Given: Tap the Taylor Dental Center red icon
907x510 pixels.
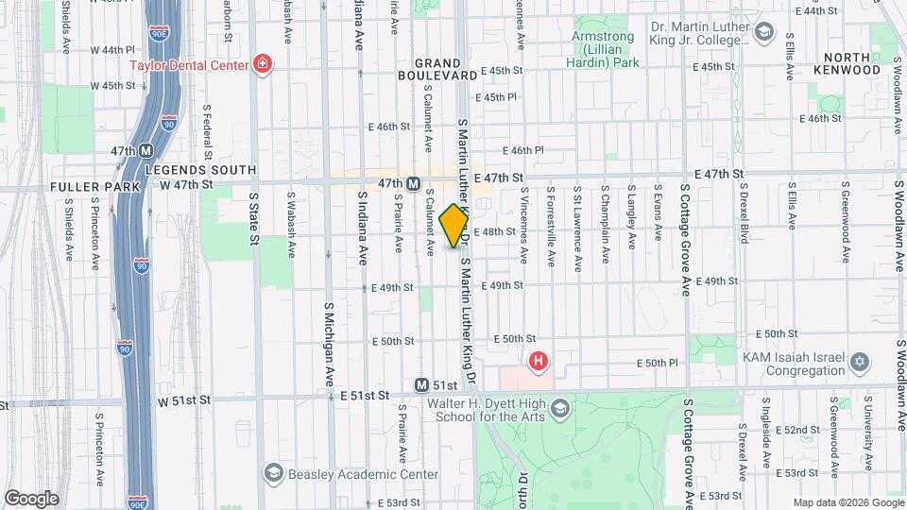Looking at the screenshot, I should tap(262, 65).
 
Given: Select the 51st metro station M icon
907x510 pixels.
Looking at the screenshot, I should tap(422, 385).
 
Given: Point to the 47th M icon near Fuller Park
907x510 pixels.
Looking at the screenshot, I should tap(146, 151).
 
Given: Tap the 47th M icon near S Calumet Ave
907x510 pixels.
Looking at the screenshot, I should tap(413, 183).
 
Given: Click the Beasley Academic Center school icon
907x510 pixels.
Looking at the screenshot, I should tap(274, 471).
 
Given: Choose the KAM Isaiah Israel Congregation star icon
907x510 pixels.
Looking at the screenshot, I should tap(859, 362).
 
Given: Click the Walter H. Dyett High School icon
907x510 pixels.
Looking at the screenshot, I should tap(560, 408).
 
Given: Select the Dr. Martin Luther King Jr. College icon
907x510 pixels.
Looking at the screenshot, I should tap(764, 36).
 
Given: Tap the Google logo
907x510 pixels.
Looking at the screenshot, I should tap(30, 498).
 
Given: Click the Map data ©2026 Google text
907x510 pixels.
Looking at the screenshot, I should tap(847, 502).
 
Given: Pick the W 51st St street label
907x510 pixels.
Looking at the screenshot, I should tap(182, 400).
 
